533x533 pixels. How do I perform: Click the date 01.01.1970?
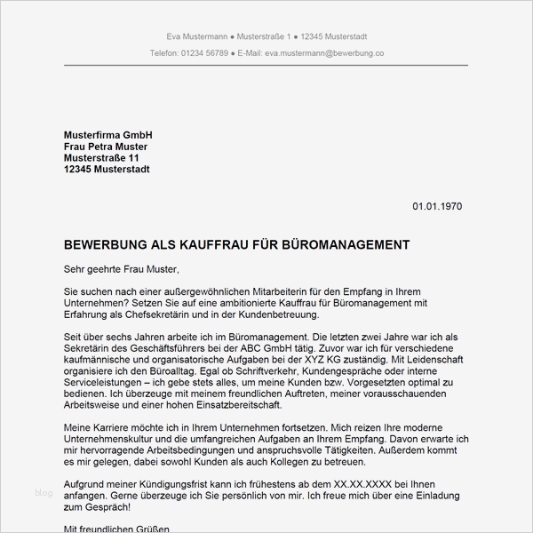tap(436, 206)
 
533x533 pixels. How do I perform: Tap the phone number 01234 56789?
tap(203, 54)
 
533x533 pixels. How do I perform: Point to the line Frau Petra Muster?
tap(106, 146)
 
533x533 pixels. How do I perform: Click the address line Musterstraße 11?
tap(102, 157)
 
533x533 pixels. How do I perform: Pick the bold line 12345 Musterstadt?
tap(107, 169)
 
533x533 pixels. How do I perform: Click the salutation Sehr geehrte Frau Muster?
tap(122, 267)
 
